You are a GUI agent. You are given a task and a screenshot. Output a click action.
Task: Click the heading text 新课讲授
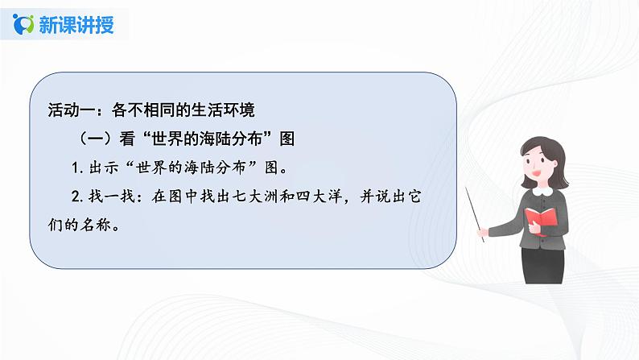(76, 24)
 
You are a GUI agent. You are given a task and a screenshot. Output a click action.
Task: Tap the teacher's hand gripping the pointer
(482, 233)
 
